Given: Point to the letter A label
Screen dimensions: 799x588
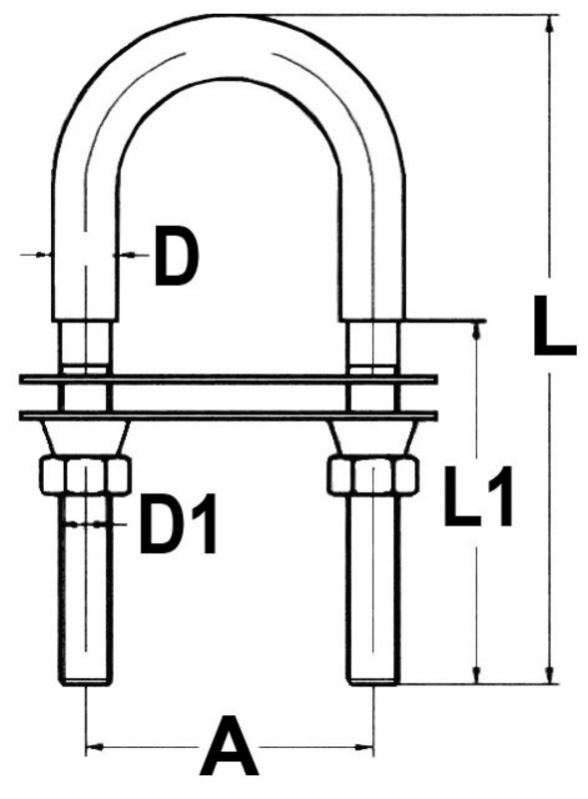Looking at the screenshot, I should click(229, 750).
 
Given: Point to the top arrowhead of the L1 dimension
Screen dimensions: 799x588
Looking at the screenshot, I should click(478, 331).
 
